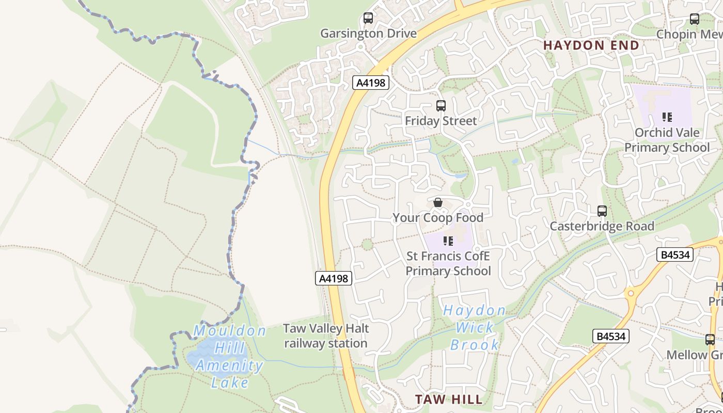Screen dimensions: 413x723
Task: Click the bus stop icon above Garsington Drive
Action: pyautogui.click(x=368, y=18)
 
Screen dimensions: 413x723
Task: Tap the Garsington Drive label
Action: pyautogui.click(x=368, y=34)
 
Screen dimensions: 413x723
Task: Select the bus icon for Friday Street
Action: pyautogui.click(x=441, y=106)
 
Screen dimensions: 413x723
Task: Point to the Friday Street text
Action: pyautogui.click(x=441, y=121)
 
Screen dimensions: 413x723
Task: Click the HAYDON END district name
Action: pyautogui.click(x=591, y=45)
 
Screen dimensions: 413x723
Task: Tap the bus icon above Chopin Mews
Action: pyautogui.click(x=695, y=19)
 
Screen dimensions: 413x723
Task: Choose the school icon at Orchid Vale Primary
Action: pyautogui.click(x=667, y=117)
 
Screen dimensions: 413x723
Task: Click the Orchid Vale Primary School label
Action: pyautogui.click(x=667, y=140)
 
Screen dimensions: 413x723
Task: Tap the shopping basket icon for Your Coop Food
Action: pyautogui.click(x=438, y=202)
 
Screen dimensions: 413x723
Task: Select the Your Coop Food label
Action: pyautogui.click(x=438, y=218)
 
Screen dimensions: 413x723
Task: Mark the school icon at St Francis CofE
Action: pyautogui.click(x=448, y=241)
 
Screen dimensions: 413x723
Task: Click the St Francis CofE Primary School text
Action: pyautogui.click(x=448, y=263)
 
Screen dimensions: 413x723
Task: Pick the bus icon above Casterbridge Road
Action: pyautogui.click(x=602, y=211)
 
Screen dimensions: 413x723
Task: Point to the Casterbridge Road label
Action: pyautogui.click(x=602, y=226)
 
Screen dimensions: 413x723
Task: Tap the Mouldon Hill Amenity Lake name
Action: pyautogui.click(x=230, y=356)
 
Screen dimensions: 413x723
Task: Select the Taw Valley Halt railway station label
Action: pyautogui.click(x=326, y=336)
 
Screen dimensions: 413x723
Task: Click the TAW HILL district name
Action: pyautogui.click(x=449, y=399)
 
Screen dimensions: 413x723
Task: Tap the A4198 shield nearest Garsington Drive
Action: pyautogui.click(x=371, y=83)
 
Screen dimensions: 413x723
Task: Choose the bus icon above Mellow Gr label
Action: pyautogui.click(x=710, y=340)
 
